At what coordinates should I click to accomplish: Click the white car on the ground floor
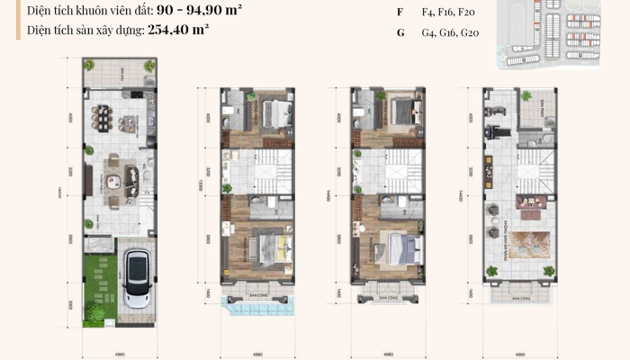tap(137, 278)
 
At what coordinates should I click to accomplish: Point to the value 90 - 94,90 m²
tap(190, 11)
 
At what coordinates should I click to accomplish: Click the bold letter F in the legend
tap(400, 12)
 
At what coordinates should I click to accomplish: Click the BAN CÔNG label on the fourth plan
tap(519, 296)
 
